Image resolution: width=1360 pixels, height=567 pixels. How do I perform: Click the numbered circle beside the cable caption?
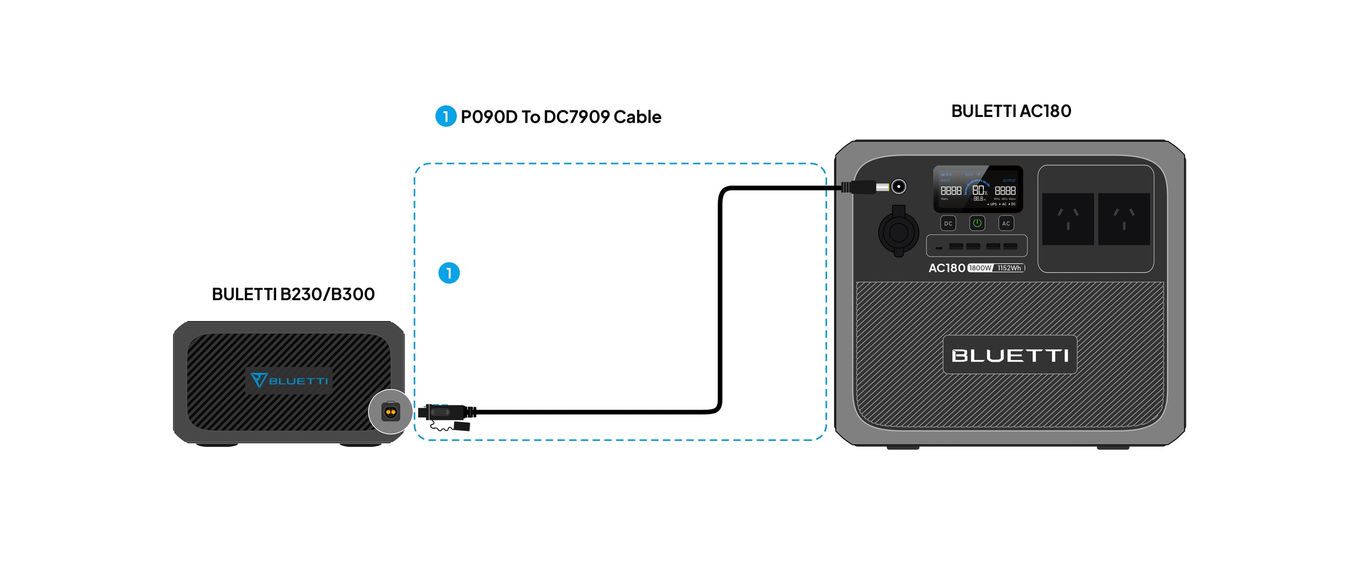(x=445, y=116)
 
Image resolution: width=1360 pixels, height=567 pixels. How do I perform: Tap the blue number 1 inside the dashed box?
(x=449, y=273)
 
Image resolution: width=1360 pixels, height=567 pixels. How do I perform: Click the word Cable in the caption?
(x=637, y=117)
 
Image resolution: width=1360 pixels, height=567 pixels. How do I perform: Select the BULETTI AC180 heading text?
(x=1011, y=111)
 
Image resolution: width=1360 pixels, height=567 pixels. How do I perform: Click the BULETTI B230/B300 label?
(x=293, y=294)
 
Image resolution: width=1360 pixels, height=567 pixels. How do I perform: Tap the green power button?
(x=977, y=223)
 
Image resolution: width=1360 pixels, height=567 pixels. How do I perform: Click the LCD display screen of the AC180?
(x=977, y=189)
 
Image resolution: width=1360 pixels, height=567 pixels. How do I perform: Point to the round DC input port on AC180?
(x=898, y=187)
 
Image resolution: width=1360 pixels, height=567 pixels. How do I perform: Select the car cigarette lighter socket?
(x=898, y=232)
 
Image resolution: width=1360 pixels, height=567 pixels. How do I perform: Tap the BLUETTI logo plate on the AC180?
(x=1009, y=355)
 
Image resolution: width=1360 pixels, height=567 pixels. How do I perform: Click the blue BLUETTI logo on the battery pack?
(x=290, y=380)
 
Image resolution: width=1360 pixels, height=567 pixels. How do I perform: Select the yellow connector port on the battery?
(x=391, y=412)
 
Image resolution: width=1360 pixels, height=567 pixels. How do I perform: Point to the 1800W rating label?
(x=980, y=268)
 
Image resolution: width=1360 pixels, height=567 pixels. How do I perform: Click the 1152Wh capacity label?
(x=1009, y=268)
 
